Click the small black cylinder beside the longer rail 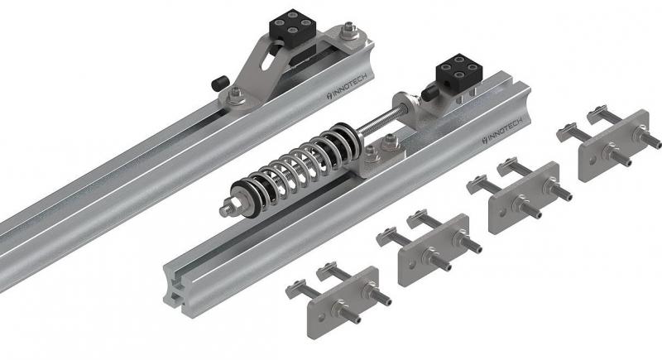[x=219, y=82]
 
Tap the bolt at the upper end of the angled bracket [x=349, y=31]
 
